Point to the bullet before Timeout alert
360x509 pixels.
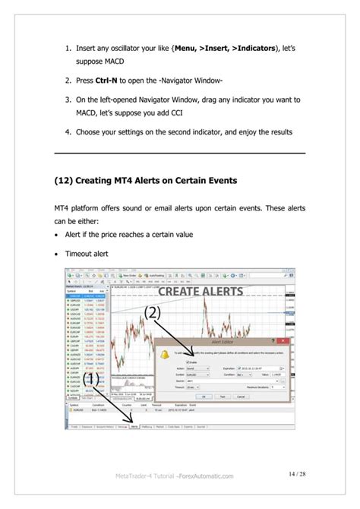click(x=57, y=257)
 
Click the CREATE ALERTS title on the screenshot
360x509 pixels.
click(x=202, y=291)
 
